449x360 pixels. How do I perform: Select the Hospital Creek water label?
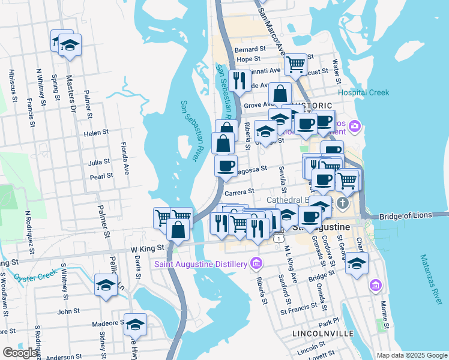(363, 92)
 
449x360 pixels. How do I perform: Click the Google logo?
(20, 353)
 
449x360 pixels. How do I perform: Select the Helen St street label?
(96, 133)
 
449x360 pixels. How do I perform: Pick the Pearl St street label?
(101, 176)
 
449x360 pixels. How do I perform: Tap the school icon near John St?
(106, 284)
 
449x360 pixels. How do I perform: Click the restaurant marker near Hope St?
(240, 80)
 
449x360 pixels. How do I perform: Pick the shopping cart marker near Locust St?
(295, 64)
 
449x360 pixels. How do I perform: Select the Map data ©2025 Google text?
(412, 355)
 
